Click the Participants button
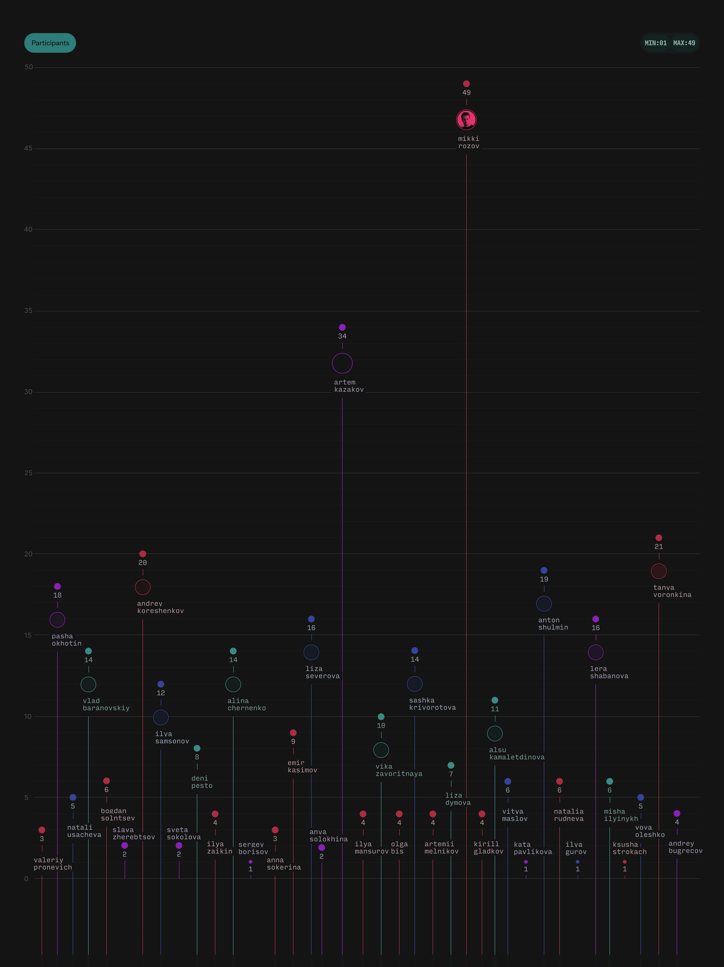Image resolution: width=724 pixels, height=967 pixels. (x=50, y=43)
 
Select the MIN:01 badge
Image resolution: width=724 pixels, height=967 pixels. (x=655, y=43)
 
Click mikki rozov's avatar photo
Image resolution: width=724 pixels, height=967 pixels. (x=466, y=120)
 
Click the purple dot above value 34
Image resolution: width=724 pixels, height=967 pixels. (x=342, y=327)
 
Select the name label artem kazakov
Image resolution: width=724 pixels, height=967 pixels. (x=349, y=386)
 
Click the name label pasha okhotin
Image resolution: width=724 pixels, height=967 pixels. (x=66, y=640)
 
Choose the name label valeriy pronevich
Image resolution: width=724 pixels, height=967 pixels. (x=52, y=863)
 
